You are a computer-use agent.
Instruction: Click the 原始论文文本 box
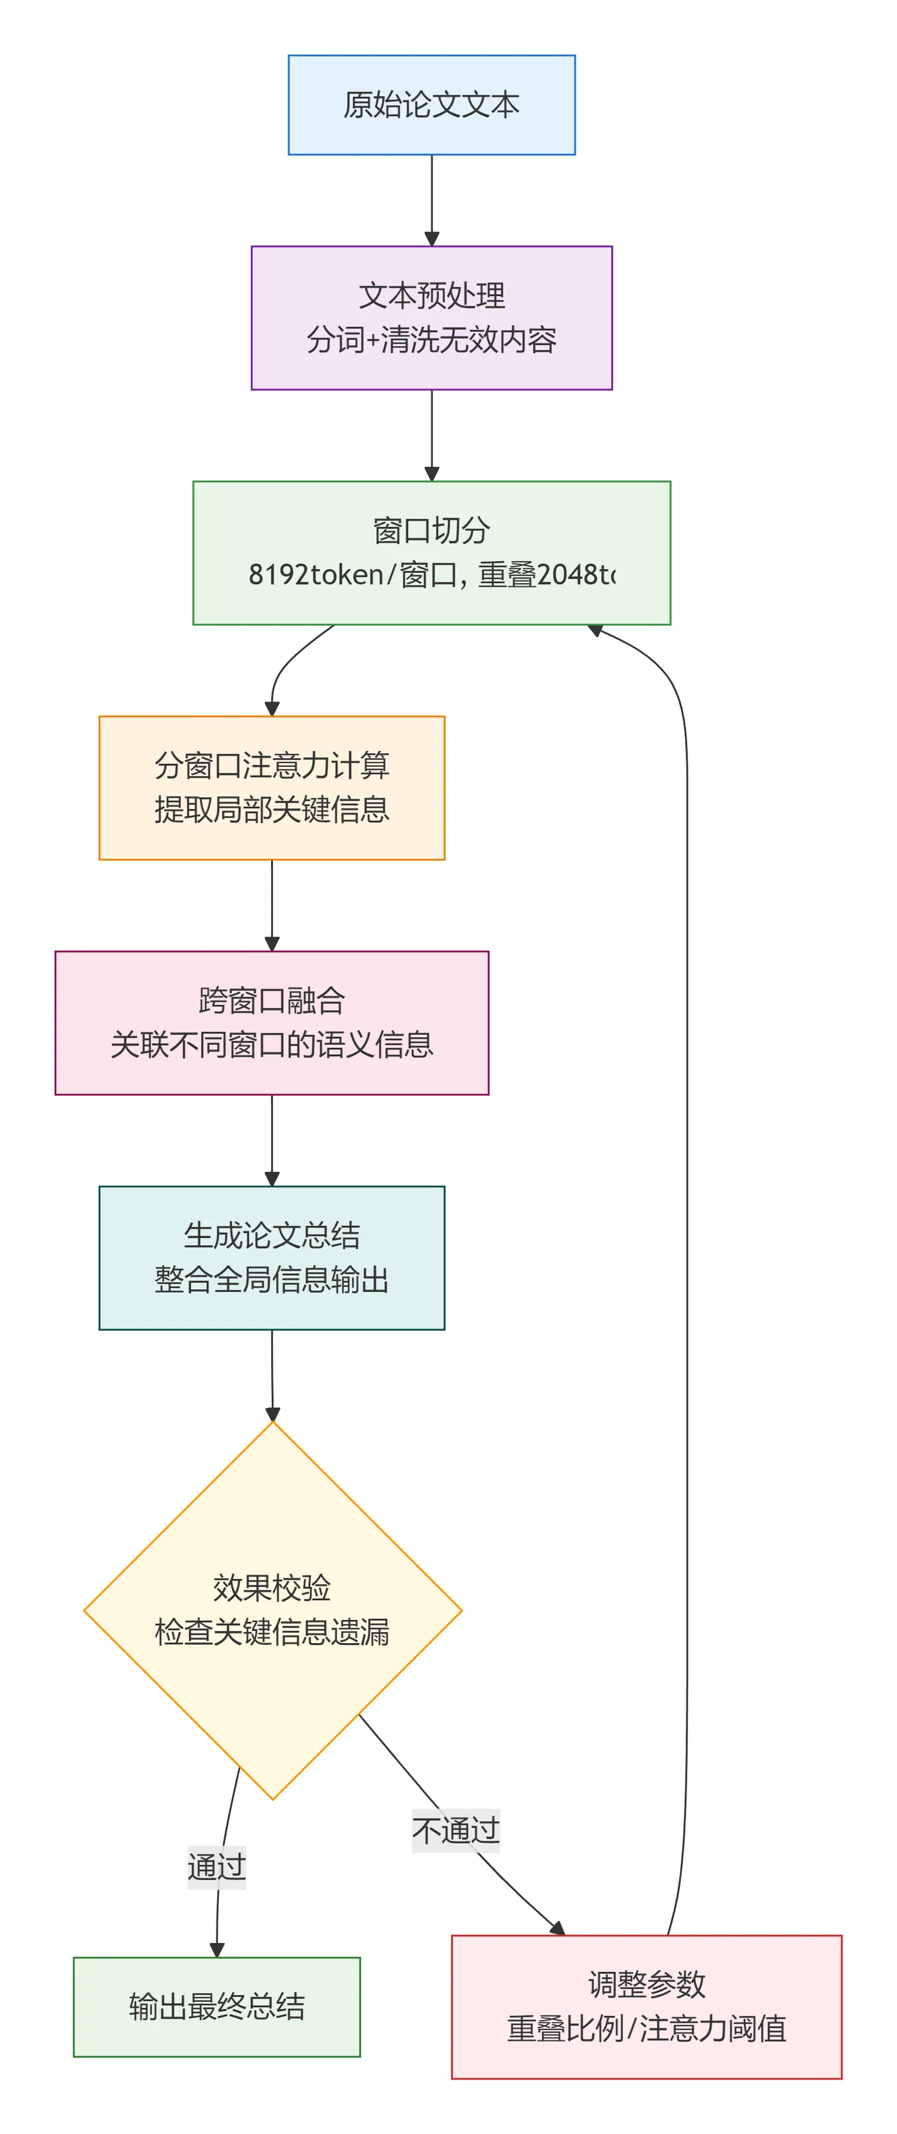coord(431,105)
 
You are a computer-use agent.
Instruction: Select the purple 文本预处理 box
coord(431,317)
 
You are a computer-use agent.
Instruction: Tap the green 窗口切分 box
coord(431,552)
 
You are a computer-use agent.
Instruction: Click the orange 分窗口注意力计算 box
coord(272,787)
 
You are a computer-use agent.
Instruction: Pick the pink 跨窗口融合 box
coord(272,1022)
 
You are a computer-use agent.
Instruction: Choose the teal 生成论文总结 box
coord(272,1257)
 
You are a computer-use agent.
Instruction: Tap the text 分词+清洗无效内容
coord(431,340)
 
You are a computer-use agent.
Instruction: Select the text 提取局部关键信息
coord(272,809)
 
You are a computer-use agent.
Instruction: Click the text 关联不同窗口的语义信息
coord(272,1045)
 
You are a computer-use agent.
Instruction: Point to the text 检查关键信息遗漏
coord(272,1632)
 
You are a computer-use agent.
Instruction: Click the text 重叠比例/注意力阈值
coord(646,2029)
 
